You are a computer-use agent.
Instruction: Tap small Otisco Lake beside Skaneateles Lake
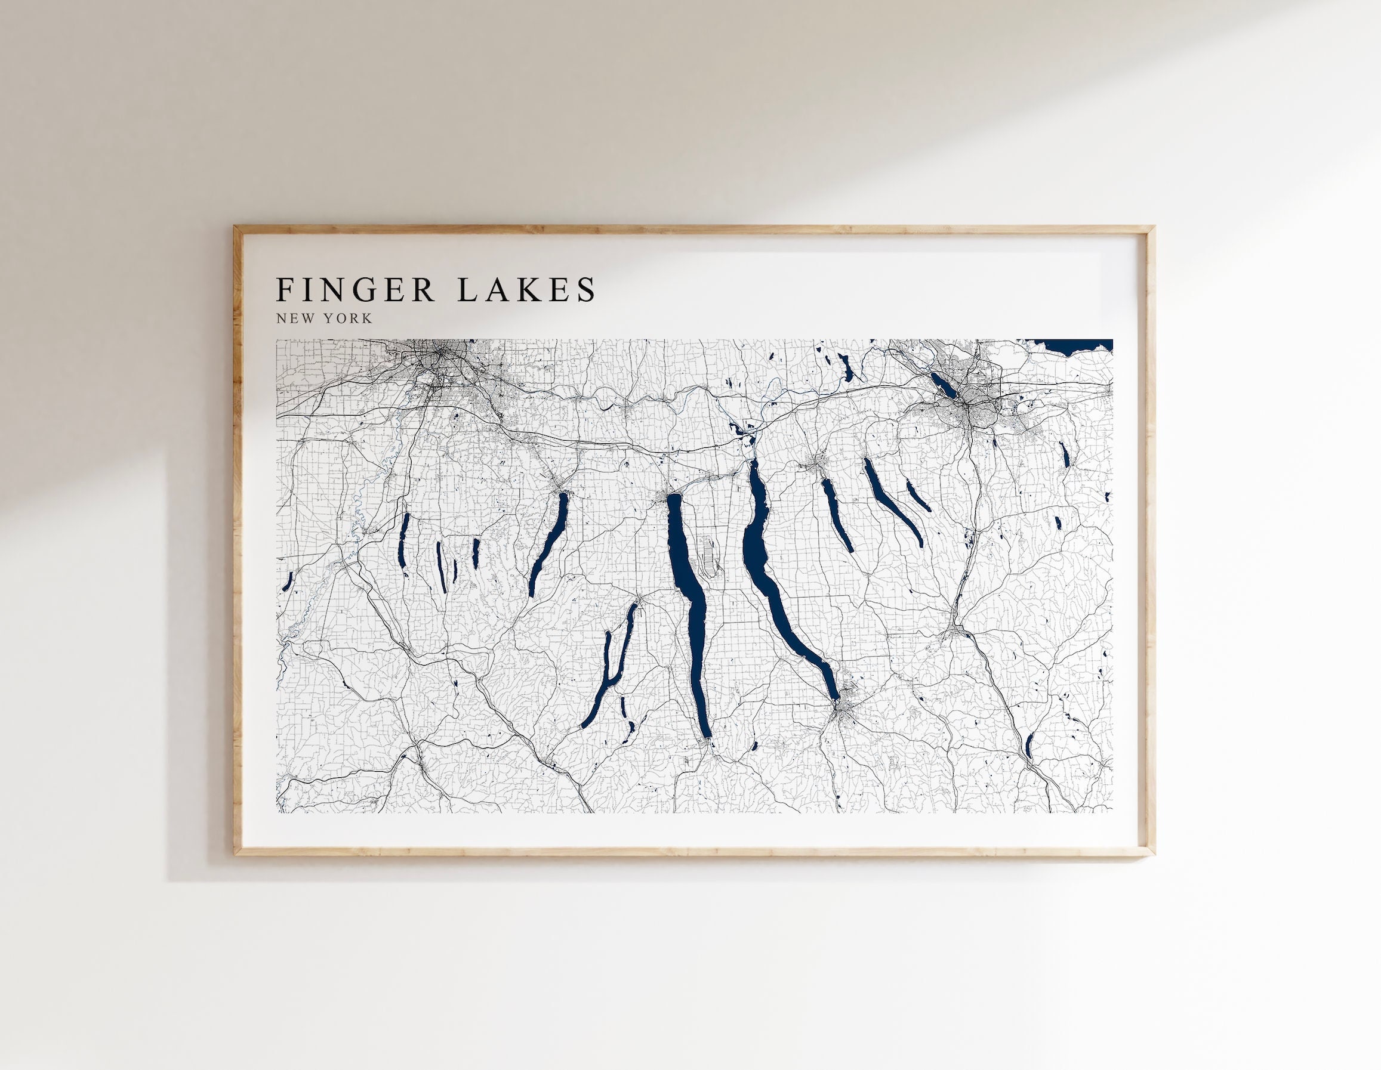pyautogui.click(x=917, y=497)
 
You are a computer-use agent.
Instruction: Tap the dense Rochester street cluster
pyautogui.click(x=443, y=363)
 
